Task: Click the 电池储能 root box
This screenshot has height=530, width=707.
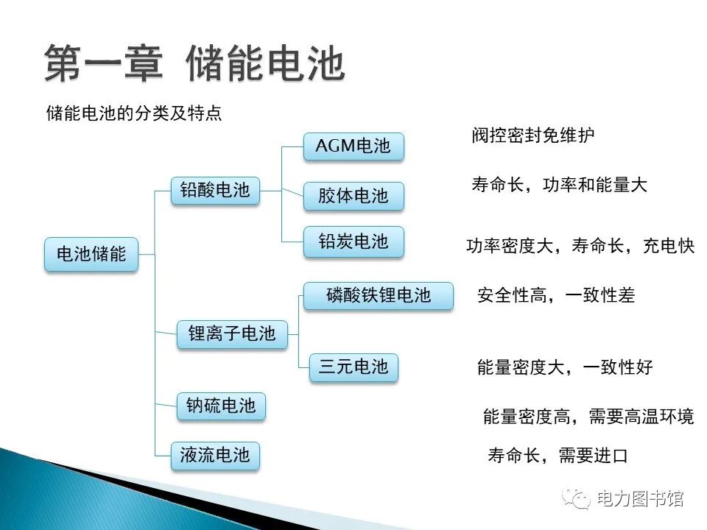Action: [91, 255]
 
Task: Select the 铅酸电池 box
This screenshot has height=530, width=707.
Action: [214, 191]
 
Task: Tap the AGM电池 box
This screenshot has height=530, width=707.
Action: [353, 146]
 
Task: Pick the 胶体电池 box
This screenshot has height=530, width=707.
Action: [353, 196]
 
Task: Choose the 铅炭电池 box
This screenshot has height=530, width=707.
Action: [353, 241]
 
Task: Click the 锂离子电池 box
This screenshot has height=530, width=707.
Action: [232, 334]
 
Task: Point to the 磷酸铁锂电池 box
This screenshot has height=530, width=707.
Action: [379, 295]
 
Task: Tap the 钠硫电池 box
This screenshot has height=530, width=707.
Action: [221, 406]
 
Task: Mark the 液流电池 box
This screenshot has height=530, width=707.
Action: [215, 456]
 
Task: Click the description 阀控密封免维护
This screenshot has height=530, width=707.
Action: [533, 135]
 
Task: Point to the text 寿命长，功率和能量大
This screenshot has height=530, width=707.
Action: [559, 185]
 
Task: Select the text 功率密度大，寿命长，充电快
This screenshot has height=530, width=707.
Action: [580, 246]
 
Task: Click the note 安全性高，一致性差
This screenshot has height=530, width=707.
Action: [556, 295]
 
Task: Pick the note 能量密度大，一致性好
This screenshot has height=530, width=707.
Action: [565, 367]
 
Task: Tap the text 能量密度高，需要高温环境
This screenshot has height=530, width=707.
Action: [588, 417]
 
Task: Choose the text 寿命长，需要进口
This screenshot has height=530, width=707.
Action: [557, 456]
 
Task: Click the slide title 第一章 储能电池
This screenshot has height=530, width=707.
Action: [194, 64]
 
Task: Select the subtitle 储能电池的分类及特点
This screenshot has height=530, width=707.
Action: [134, 113]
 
